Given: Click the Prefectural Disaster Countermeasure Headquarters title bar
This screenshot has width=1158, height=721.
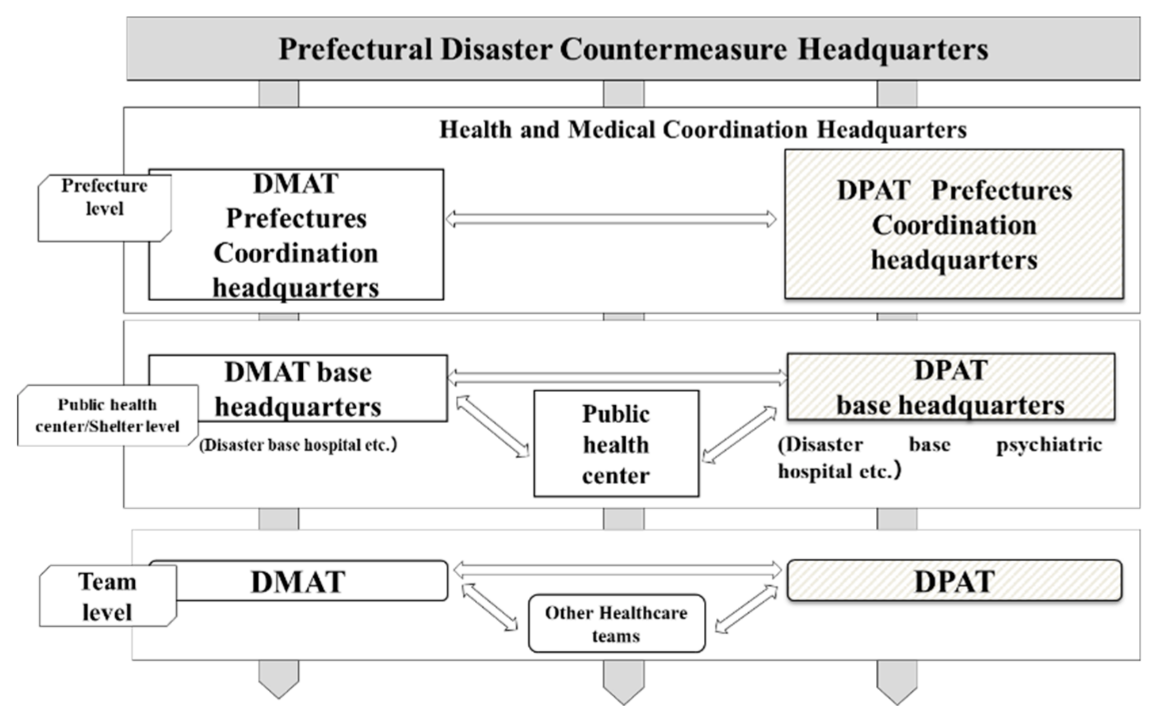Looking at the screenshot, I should (x=633, y=49).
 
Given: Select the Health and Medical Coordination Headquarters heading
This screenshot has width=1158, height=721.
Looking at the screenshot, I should (x=703, y=130).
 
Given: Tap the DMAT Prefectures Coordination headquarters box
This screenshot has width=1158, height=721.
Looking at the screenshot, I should (x=296, y=235).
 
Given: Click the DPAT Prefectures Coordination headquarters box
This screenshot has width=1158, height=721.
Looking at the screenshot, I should (x=954, y=224).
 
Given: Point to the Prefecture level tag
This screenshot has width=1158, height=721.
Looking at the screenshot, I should (x=104, y=208).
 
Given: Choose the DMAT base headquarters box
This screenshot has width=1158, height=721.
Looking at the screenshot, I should (x=298, y=389).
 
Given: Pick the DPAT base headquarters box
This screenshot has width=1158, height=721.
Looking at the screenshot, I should (x=950, y=387).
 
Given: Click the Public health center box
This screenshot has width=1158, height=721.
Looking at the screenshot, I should (x=616, y=444).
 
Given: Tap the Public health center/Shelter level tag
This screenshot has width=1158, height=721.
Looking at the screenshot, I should (x=107, y=415).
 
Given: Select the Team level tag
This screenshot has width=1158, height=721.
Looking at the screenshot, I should (x=107, y=596).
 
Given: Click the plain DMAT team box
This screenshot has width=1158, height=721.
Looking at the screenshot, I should (x=298, y=581).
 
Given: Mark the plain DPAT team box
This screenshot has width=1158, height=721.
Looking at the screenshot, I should (x=954, y=581).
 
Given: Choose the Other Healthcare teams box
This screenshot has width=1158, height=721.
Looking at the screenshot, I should (x=616, y=623).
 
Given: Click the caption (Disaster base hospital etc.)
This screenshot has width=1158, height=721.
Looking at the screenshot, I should (x=298, y=445).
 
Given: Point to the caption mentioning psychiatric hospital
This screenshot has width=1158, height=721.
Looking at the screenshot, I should (x=939, y=457).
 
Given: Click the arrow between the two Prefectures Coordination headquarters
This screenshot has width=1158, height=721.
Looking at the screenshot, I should (x=611, y=219).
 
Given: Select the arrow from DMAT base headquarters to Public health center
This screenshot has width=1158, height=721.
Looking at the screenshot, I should (x=493, y=426).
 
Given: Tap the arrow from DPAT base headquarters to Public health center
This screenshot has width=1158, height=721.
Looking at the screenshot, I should (x=739, y=434).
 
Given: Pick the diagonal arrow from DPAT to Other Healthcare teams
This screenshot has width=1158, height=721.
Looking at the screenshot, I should (x=746, y=609).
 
